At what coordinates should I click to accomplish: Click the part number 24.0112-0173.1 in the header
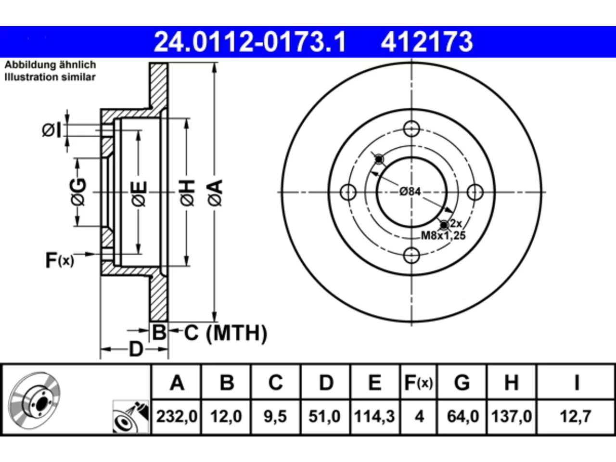(x=249, y=42)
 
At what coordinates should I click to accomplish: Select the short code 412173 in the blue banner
(x=426, y=42)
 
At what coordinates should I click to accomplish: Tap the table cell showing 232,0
(x=177, y=416)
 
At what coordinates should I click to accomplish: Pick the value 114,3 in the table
(x=374, y=416)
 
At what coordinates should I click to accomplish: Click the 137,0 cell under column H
(x=511, y=416)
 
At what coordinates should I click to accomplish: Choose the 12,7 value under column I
(x=576, y=416)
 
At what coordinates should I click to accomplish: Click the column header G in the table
(x=462, y=383)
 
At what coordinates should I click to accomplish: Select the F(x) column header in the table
(x=418, y=383)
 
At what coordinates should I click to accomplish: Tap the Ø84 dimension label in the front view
(x=410, y=192)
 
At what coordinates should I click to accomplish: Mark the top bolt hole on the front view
(x=411, y=129)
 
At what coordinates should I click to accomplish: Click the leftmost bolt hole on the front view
(x=348, y=192)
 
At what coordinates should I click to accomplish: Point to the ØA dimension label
(x=216, y=192)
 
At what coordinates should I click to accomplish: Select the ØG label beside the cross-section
(x=78, y=192)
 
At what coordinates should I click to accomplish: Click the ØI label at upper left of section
(x=51, y=130)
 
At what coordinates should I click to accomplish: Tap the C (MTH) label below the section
(x=225, y=333)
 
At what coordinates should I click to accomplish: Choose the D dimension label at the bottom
(x=136, y=349)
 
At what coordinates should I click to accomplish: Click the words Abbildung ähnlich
(x=50, y=65)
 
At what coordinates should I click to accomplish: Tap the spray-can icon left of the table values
(x=131, y=417)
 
